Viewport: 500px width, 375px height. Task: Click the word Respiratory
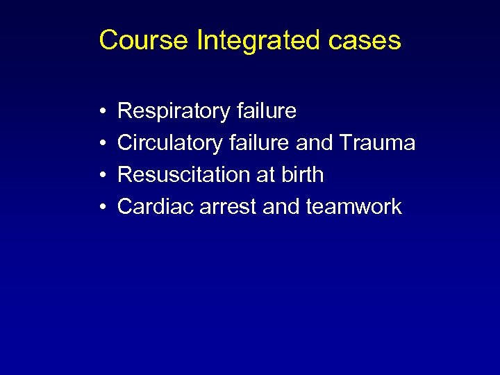(x=174, y=111)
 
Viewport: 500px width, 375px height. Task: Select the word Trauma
(x=378, y=143)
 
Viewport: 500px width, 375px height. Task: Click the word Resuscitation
(x=184, y=174)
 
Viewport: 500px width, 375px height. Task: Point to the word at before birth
(x=266, y=175)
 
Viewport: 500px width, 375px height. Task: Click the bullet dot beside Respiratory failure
(x=102, y=111)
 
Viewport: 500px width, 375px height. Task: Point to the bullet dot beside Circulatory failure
(x=102, y=143)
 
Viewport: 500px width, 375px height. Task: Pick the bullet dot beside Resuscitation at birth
(x=102, y=175)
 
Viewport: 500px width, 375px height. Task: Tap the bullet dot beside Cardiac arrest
(x=102, y=207)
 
